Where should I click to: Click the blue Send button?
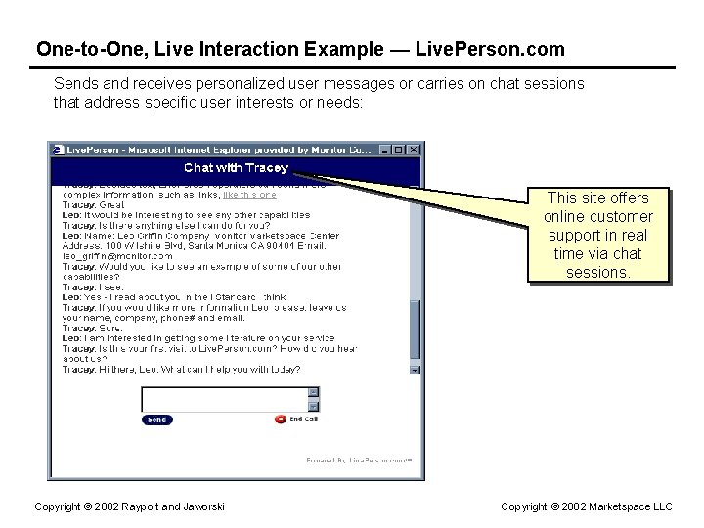click(x=156, y=419)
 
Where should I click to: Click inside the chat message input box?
click(x=224, y=398)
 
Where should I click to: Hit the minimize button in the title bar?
click(x=386, y=150)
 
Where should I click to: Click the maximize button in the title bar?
click(x=400, y=150)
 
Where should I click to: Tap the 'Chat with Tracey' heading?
click(x=236, y=168)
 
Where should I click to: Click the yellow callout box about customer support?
click(x=597, y=235)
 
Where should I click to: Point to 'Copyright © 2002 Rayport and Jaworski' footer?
click(x=130, y=506)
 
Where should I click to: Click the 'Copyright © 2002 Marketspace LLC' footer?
click(x=587, y=506)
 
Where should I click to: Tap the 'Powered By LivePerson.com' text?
click(x=359, y=459)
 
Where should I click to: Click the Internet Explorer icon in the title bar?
click(x=59, y=150)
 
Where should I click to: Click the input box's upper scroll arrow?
click(x=313, y=392)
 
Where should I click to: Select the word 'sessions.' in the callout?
click(x=597, y=273)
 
